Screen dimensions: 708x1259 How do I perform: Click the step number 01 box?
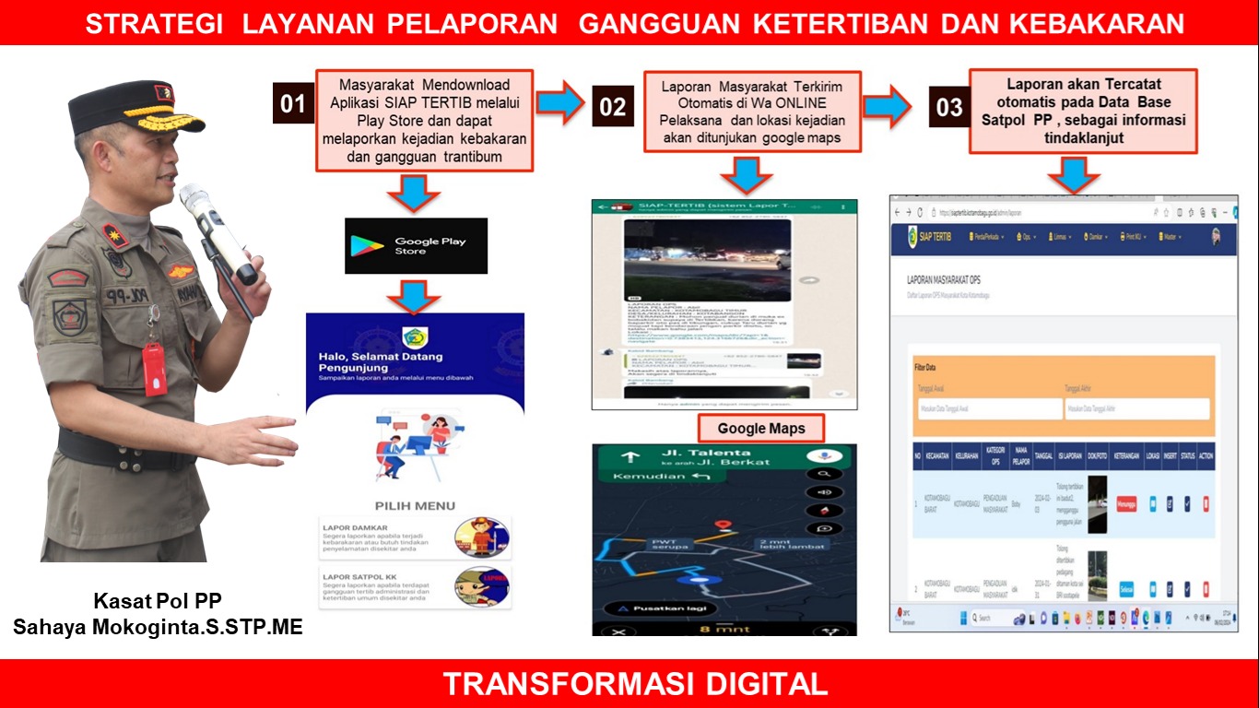click(x=292, y=104)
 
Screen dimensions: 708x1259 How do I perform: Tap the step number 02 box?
click(x=612, y=107)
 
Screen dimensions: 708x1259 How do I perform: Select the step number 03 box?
click(x=948, y=108)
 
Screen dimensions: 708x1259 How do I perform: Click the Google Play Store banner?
click(x=416, y=246)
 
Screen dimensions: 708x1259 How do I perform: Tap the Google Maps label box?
click(x=761, y=429)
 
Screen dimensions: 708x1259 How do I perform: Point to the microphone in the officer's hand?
click(x=218, y=231)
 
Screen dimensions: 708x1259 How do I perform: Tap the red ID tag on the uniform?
click(x=154, y=368)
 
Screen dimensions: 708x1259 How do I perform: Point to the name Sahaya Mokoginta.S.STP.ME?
click(x=158, y=628)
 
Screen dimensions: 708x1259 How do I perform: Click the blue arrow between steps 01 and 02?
click(x=560, y=102)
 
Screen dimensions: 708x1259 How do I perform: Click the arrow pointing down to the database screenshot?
click(x=1074, y=174)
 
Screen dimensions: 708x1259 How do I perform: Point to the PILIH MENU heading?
click(x=414, y=505)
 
